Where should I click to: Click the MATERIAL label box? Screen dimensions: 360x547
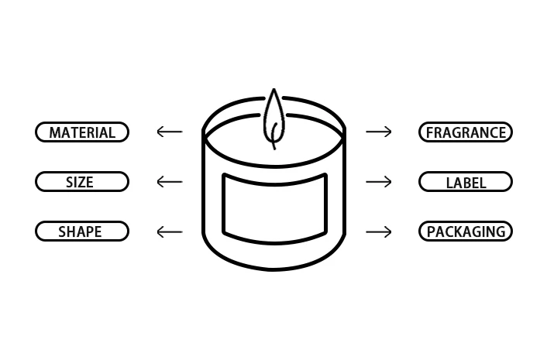pyautogui.click(x=82, y=132)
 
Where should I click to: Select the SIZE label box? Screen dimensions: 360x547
pyautogui.click(x=82, y=182)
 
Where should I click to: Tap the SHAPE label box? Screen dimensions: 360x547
pyautogui.click(x=82, y=231)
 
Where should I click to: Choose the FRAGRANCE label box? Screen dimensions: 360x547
pyautogui.click(x=465, y=132)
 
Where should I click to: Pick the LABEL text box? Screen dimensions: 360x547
pyautogui.click(x=465, y=182)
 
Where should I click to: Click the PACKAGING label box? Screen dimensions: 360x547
pyautogui.click(x=465, y=231)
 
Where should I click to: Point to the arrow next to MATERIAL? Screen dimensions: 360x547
pyautogui.click(x=169, y=132)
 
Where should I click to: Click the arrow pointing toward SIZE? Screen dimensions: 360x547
pyautogui.click(x=169, y=182)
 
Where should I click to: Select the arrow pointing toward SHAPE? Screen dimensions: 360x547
pyautogui.click(x=169, y=231)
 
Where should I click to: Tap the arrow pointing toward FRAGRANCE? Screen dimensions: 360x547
pyautogui.click(x=379, y=132)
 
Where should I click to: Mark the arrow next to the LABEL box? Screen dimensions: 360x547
pyautogui.click(x=379, y=182)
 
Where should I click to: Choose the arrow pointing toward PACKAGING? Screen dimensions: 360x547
pyautogui.click(x=379, y=231)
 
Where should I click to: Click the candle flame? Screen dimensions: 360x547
pyautogui.click(x=273, y=118)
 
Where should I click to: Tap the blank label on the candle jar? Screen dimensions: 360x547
pyautogui.click(x=274, y=205)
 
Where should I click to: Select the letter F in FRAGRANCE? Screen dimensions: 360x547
pyautogui.click(x=430, y=133)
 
